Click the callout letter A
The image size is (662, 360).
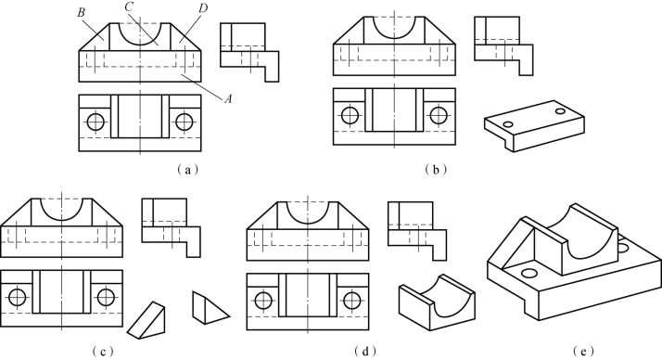pos(228,99)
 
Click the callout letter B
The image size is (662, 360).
pos(81,12)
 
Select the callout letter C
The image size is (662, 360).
pos(130,7)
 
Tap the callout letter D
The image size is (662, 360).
pos(203,8)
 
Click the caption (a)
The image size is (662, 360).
pos(187,170)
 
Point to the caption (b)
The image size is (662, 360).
pos(436,170)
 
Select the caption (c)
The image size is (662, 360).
pos(102,351)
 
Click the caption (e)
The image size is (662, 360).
pos(583,351)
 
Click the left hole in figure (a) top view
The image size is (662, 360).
pos(95,122)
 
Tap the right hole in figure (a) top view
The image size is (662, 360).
pos(185,122)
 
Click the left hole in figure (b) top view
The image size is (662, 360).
pos(350,115)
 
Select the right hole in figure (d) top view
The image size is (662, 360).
pos(351,301)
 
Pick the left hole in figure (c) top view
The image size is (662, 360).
pos(18,297)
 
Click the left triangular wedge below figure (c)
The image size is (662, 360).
pos(146,320)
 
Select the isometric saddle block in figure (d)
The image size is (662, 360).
pos(437,302)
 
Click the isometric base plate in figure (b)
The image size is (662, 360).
pos(534,126)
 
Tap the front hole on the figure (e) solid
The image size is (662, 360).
pos(528,273)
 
